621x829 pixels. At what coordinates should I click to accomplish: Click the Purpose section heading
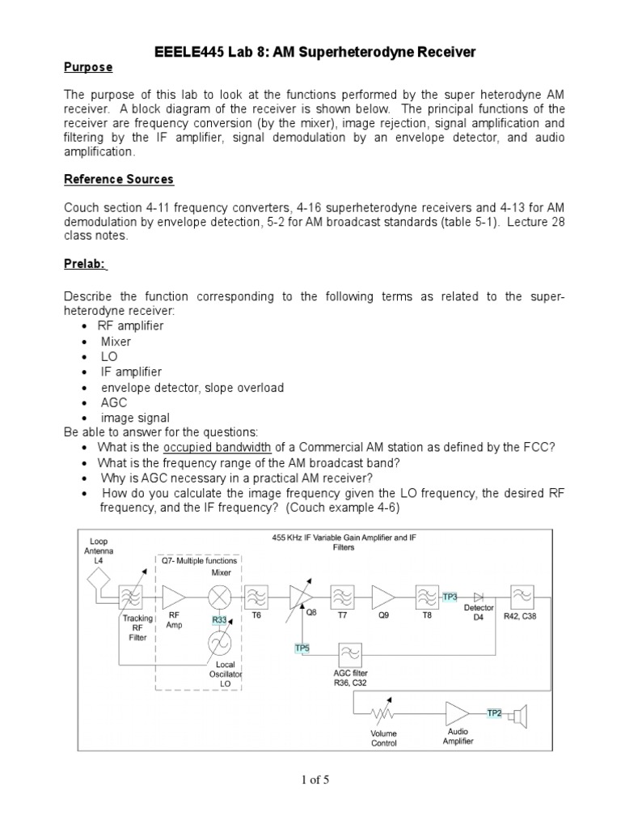pyautogui.click(x=88, y=66)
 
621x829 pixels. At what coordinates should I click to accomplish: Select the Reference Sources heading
pyautogui.click(x=118, y=179)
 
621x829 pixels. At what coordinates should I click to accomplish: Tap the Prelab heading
pyautogui.click(x=90, y=263)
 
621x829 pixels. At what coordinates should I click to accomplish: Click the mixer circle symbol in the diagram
pyautogui.click(x=219, y=597)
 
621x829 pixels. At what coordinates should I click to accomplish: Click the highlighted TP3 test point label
pyautogui.click(x=450, y=597)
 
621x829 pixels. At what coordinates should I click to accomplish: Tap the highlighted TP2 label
pyautogui.click(x=494, y=713)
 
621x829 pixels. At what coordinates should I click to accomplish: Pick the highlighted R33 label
pyautogui.click(x=219, y=620)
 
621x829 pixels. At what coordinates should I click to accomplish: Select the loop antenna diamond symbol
pyautogui.click(x=99, y=577)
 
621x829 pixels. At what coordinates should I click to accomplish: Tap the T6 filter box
pyautogui.click(x=256, y=597)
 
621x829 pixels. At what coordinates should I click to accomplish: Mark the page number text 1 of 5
pyautogui.click(x=310, y=780)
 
